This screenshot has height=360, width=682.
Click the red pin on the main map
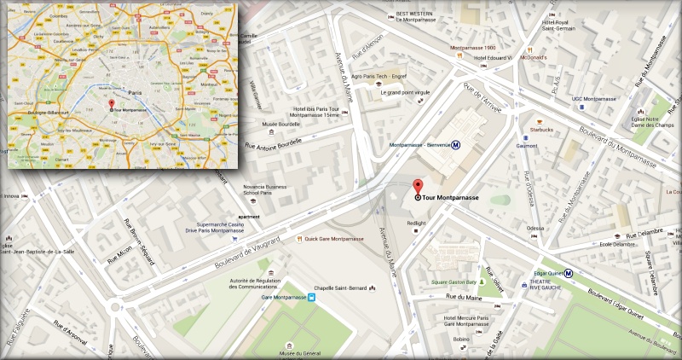pos(418,188)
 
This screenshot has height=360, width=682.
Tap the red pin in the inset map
pos(110,104)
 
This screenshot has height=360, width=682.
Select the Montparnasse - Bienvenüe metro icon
pos(456,145)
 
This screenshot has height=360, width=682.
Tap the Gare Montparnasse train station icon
pos(312,298)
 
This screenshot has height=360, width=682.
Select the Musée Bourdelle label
pos(280,123)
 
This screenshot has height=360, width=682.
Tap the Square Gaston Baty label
pos(453,282)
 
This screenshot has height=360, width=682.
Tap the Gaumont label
pos(527,146)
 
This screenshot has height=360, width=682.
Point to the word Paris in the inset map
pos(133,91)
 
